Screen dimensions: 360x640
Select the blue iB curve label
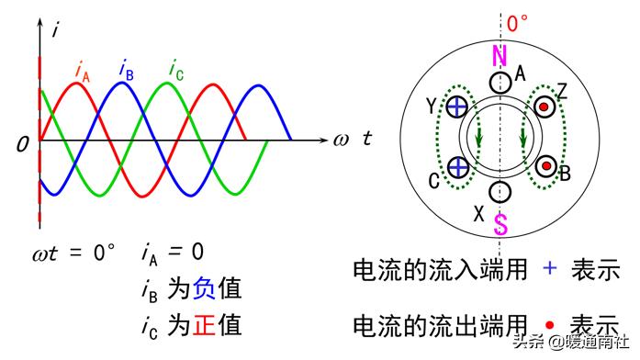pos(127,67)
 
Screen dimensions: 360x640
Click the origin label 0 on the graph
pos(22,144)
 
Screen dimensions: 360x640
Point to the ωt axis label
pos(354,141)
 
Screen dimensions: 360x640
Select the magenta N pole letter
pos(500,56)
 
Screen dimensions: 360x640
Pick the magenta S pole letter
pos(500,223)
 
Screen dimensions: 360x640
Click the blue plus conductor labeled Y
pos(456,108)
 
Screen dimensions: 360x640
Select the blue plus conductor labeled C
pos(456,167)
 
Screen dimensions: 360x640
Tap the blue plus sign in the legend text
pos(549,269)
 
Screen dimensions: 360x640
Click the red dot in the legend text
pos(549,324)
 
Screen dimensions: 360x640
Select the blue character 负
pos(204,289)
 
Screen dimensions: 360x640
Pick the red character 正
pos(204,325)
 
